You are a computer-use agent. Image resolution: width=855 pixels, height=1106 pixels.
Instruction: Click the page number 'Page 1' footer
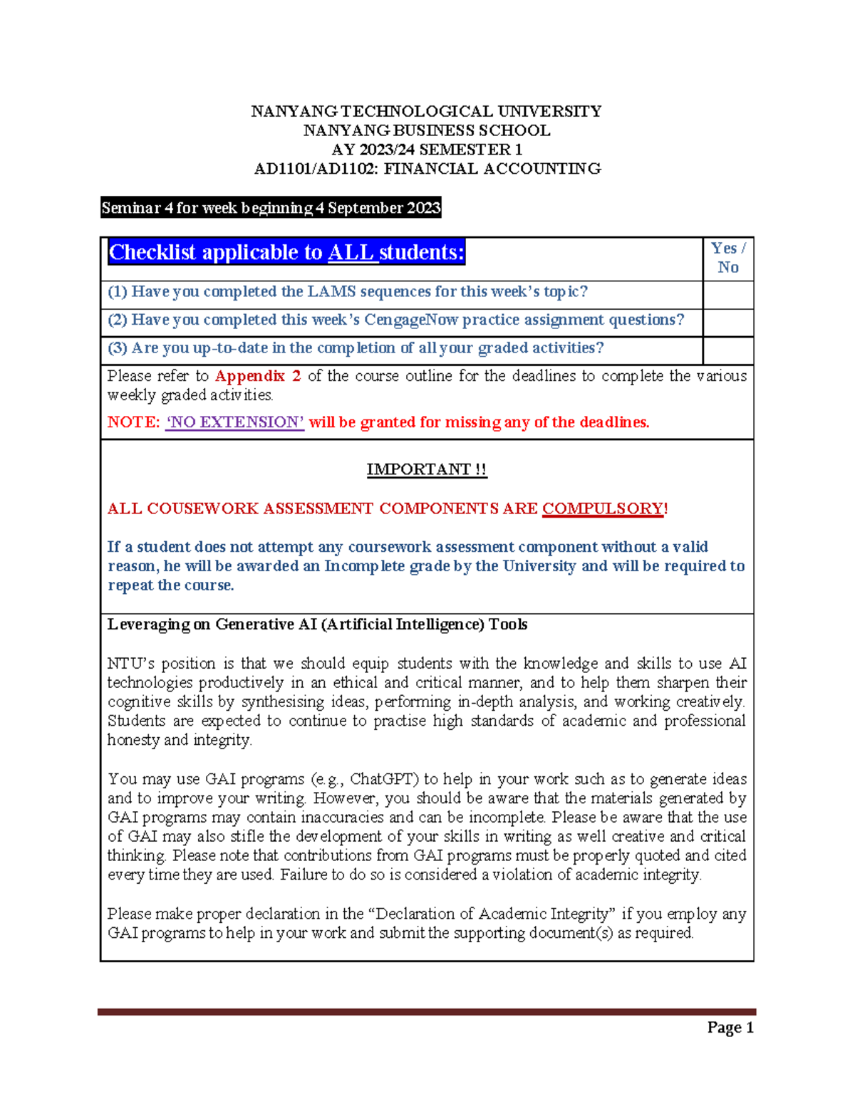tap(730, 1027)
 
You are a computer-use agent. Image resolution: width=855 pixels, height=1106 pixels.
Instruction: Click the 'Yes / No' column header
tap(727, 258)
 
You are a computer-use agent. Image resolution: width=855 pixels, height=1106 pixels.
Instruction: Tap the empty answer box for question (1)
tap(727, 294)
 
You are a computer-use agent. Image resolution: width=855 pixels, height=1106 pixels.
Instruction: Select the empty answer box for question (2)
tap(727, 323)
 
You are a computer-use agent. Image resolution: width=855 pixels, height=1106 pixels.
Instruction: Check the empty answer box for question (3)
tap(727, 350)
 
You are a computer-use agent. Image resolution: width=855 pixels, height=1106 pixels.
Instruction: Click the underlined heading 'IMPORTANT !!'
tap(427, 469)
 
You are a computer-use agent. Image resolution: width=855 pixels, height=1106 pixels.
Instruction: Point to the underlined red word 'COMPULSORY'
tap(603, 508)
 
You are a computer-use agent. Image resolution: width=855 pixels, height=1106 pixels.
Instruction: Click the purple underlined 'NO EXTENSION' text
tap(234, 422)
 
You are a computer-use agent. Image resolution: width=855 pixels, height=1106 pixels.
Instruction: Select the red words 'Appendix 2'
tap(258, 376)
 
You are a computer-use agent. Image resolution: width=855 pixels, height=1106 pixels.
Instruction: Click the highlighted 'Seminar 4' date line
tap(271, 208)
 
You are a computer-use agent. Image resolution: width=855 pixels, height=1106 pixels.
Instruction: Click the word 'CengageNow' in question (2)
tap(411, 320)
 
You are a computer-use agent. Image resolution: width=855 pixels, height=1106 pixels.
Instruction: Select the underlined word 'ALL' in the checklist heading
tap(353, 252)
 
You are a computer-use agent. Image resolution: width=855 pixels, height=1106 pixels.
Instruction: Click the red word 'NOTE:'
tap(133, 422)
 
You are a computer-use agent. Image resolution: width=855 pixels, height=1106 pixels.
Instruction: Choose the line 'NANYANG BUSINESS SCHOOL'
tap(427, 130)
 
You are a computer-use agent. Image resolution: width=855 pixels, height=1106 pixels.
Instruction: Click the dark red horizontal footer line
tap(427, 1011)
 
